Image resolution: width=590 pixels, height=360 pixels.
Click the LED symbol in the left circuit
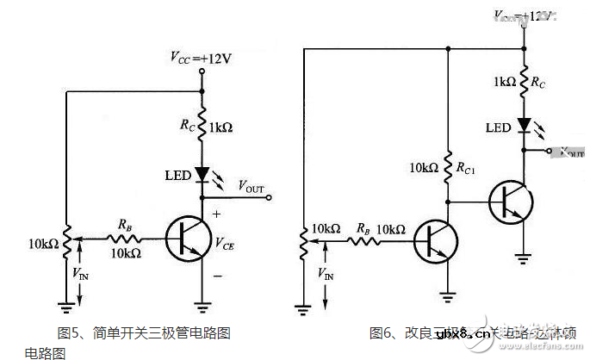[x=202, y=174]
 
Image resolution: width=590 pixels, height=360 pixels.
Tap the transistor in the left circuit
[x=184, y=238]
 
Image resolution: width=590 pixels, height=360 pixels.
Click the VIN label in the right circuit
[x=326, y=274]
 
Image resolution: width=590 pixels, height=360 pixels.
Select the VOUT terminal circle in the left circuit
[x=271, y=197]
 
